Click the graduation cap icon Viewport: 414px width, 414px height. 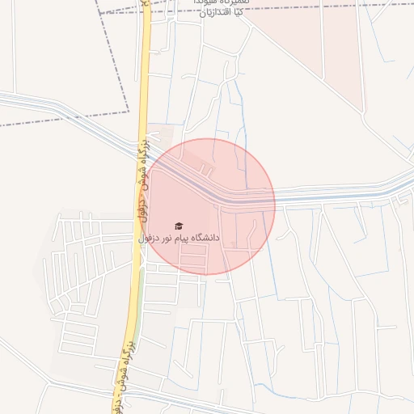[x=179, y=226]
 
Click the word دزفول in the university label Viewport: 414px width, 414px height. [x=146, y=239]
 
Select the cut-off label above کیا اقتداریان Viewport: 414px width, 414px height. [x=222, y=2]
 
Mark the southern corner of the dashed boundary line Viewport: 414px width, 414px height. [x=129, y=111]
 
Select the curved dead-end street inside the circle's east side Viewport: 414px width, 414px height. [x=257, y=234]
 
